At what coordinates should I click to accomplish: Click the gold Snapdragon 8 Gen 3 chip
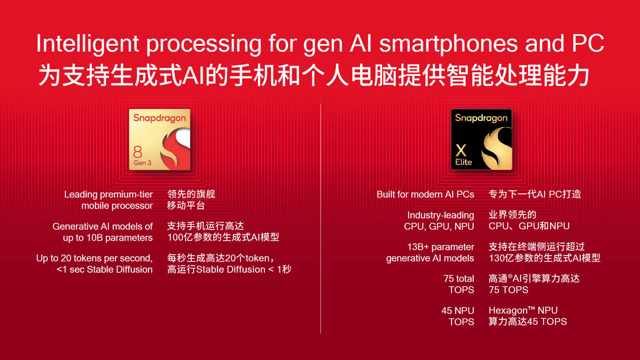(159, 139)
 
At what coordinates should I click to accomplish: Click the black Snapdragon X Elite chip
(481, 139)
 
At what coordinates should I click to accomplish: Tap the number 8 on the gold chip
(138, 152)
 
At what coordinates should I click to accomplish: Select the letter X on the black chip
(461, 150)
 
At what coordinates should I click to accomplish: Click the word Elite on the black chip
(464, 162)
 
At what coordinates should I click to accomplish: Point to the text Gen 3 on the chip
(142, 163)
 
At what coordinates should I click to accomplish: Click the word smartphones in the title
(449, 44)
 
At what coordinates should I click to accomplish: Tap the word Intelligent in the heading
(87, 44)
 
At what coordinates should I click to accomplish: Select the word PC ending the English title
(588, 44)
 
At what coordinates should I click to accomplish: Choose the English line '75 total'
(458, 278)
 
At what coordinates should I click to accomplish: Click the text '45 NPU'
(457, 311)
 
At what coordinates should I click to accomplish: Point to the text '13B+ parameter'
(440, 247)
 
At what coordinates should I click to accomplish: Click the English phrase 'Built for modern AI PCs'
(425, 195)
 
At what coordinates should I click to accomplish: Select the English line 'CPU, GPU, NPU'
(439, 226)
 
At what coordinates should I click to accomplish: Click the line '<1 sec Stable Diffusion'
(104, 270)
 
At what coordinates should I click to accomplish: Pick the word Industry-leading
(440, 215)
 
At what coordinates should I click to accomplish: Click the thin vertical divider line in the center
(321, 218)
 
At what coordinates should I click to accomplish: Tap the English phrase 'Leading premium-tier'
(108, 195)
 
